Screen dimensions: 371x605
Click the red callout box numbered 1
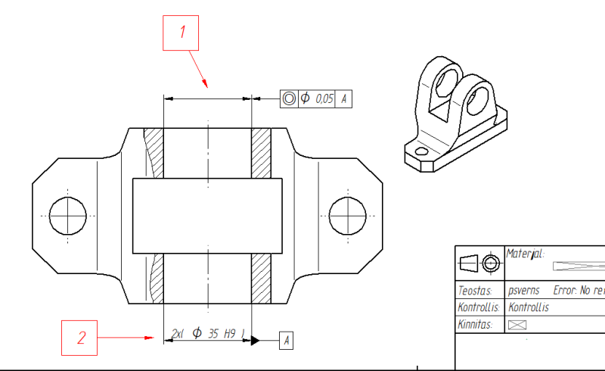181,34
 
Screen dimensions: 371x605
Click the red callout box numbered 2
79,337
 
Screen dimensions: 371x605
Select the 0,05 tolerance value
324,98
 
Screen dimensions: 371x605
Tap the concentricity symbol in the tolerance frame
289,98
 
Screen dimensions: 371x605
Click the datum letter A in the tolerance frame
344,98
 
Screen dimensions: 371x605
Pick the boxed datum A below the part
287,341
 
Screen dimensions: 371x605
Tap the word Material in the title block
526,254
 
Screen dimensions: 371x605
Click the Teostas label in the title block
475,290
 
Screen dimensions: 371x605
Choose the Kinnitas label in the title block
475,324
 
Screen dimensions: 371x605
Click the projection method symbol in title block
479,264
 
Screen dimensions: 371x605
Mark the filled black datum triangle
256,340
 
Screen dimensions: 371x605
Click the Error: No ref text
579,290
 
